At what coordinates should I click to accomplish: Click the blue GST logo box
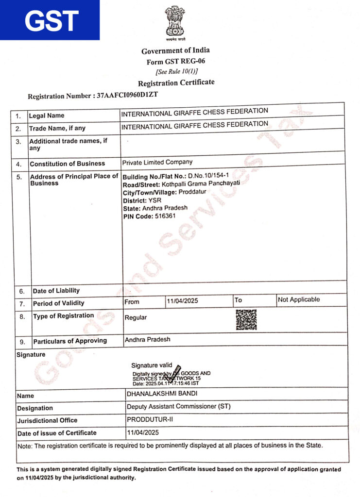[50, 20]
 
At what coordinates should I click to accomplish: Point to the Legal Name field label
[47, 116]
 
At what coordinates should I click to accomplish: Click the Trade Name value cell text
[194, 125]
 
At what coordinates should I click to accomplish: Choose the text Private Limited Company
[157, 162]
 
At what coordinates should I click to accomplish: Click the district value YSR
[155, 200]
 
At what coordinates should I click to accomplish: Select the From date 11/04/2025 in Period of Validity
[182, 301]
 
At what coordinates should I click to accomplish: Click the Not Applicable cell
[299, 299]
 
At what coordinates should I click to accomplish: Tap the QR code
[246, 319]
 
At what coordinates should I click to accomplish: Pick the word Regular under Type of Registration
[136, 317]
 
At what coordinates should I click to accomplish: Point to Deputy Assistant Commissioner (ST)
[179, 406]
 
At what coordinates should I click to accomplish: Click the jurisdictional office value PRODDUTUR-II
[150, 419]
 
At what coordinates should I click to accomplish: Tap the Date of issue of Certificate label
[57, 433]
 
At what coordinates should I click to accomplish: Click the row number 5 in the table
[19, 177]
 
